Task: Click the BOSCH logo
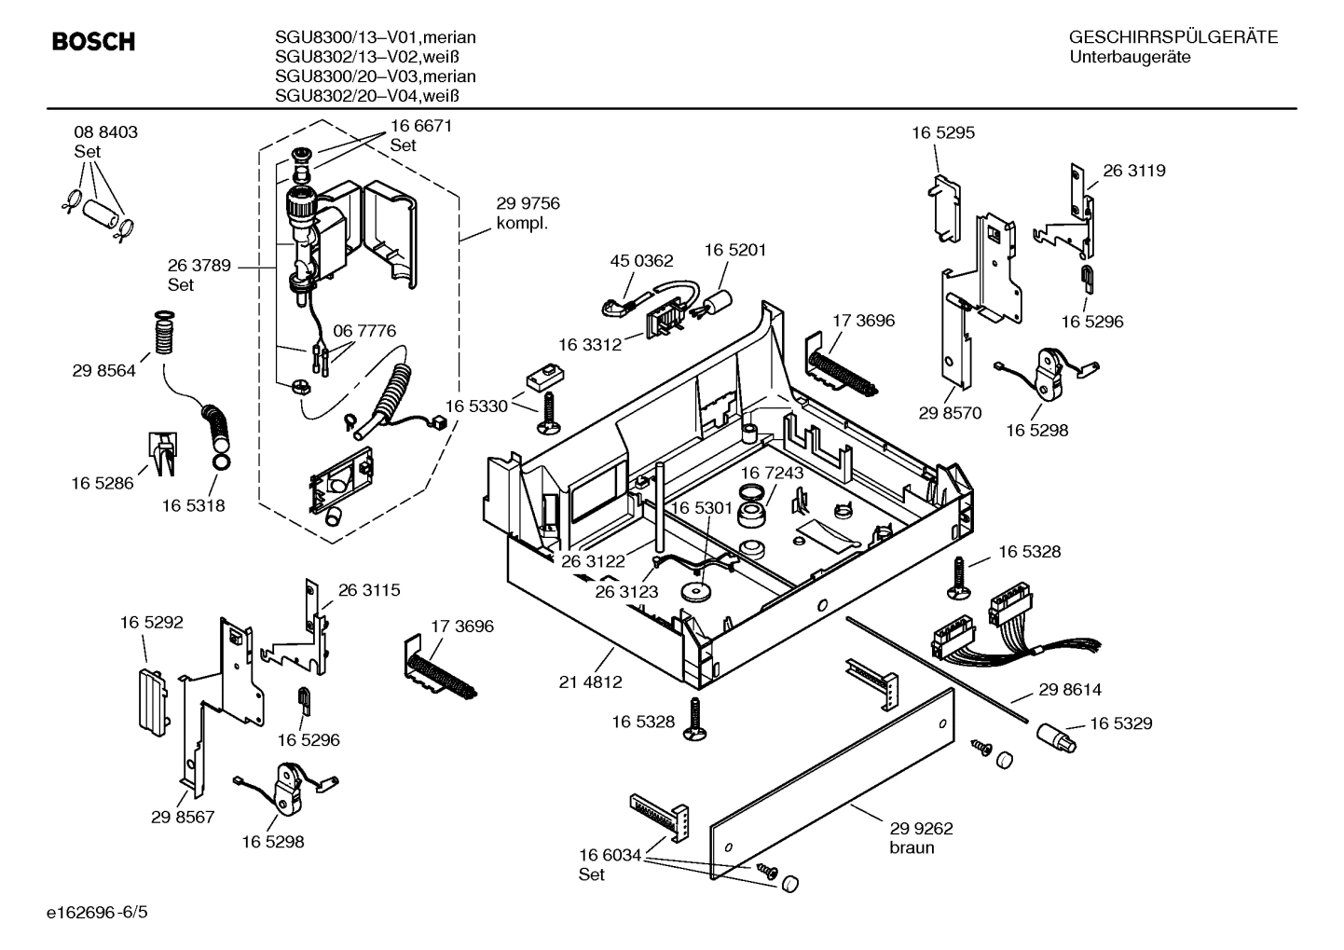93,42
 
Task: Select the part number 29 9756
528,204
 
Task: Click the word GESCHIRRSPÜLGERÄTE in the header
1173,38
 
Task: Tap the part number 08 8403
105,132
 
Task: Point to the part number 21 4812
590,682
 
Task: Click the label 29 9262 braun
921,837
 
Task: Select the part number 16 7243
772,474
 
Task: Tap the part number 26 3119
1134,171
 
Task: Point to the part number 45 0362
641,261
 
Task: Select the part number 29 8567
183,818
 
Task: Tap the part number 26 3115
369,590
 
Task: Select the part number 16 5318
193,505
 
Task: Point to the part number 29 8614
1070,690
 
